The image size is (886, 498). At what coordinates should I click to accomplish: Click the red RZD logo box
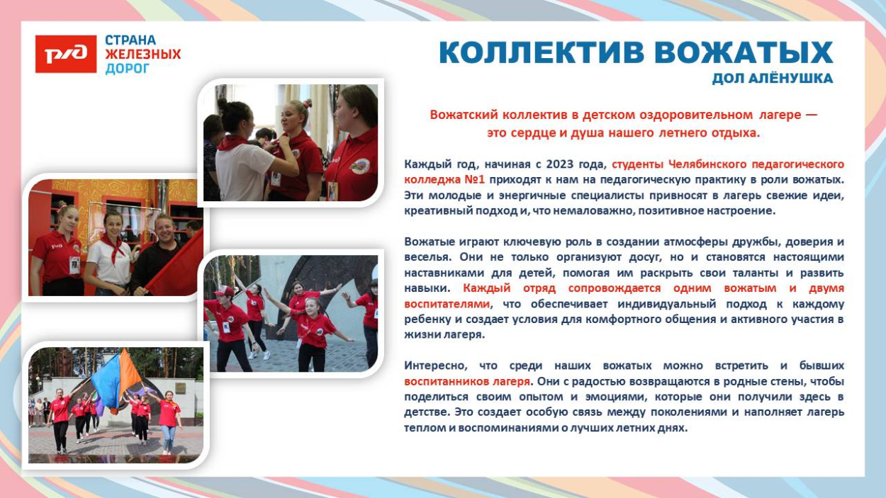[66, 55]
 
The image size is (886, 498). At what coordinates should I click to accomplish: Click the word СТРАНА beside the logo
[130, 40]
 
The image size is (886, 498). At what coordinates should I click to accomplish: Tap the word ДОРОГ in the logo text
[128, 69]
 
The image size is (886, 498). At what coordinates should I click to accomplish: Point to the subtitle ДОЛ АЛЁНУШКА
[772, 79]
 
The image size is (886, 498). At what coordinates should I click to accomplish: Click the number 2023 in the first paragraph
[559, 164]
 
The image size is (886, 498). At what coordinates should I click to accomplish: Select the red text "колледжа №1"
[444, 180]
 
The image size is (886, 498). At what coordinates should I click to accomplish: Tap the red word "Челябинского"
[704, 164]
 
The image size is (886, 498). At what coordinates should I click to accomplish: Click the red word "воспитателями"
[447, 304]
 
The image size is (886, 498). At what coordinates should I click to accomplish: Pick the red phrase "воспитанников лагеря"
[467, 382]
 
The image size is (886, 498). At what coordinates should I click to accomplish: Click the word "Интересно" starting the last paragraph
[432, 366]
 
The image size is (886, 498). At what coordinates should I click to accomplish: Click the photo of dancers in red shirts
[291, 313]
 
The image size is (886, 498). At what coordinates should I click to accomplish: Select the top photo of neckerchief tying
[291, 142]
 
